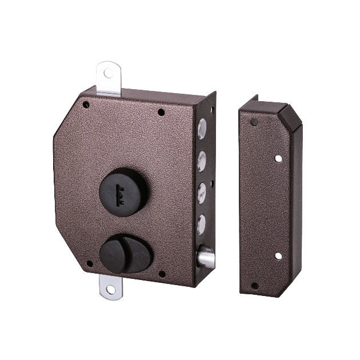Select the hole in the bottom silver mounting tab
[111, 290]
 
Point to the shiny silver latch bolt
[206, 258]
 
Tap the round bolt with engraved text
[202, 193]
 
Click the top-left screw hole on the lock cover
[86, 105]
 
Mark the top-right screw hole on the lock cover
[161, 112]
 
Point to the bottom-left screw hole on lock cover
[89, 264]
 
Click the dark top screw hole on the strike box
[254, 121]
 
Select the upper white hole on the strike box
[278, 157]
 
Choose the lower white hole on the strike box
[278, 255]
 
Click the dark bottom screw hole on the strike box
[255, 285]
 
